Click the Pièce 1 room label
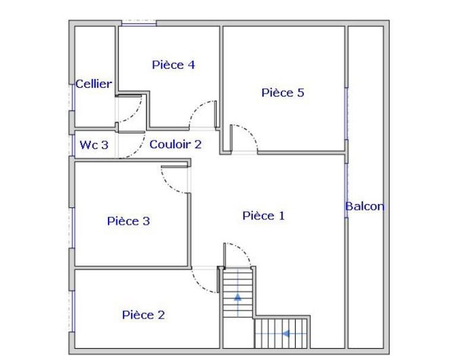pyautogui.click(x=264, y=216)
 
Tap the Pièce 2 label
pyautogui.click(x=143, y=315)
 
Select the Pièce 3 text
pyautogui.click(x=128, y=221)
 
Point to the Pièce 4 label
pyautogui.click(x=173, y=65)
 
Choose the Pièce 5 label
pyautogui.click(x=283, y=93)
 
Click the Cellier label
pyautogui.click(x=93, y=84)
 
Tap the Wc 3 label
pyautogui.click(x=94, y=145)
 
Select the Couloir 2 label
pyautogui.click(x=175, y=144)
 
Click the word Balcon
pyautogui.click(x=365, y=206)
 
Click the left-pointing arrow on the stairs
pyautogui.click(x=286, y=334)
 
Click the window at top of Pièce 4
pyautogui.click(x=139, y=23)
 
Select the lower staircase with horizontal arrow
pyautogui.click(x=281, y=333)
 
